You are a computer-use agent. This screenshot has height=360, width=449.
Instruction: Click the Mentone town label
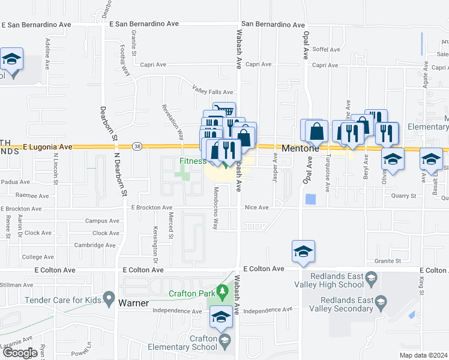pos(297,148)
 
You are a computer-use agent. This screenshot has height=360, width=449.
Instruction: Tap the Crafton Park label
pos(191,293)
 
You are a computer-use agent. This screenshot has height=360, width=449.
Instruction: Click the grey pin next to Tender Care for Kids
pos(109,298)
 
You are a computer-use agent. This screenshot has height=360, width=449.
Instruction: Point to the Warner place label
pos(133,303)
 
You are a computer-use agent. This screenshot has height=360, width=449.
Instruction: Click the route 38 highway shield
pos(137,146)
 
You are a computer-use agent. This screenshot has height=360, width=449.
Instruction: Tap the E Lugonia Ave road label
pos(47,146)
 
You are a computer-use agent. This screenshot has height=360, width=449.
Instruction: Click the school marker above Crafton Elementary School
pos(221,318)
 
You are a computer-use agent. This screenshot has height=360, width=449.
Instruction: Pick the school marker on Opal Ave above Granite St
pos(304,252)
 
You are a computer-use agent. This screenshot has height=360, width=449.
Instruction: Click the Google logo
pos(19,353)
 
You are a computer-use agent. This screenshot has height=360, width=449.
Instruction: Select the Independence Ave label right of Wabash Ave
pos(267,311)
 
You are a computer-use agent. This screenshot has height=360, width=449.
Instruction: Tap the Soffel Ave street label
pos(326,49)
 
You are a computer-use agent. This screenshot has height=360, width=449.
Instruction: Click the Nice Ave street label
pos(256,208)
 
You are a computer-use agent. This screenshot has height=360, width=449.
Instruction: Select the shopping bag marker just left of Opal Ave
pos(316,131)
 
